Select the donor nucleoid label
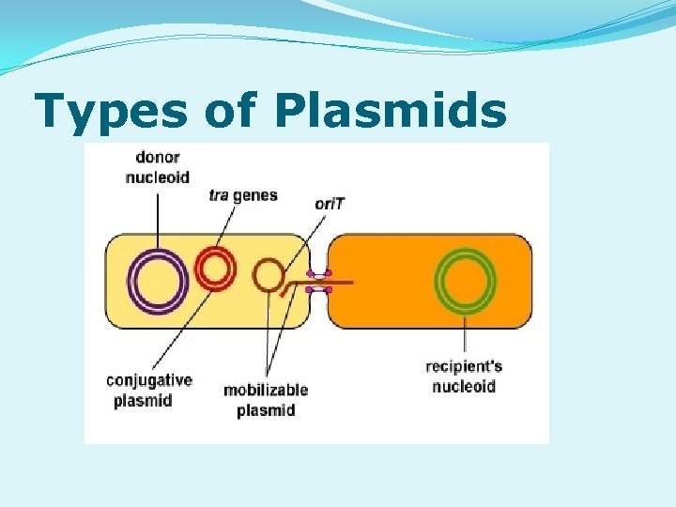157,168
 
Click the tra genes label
243,195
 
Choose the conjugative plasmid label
148,391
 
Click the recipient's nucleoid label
464,376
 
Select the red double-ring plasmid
215,269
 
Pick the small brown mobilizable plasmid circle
269,275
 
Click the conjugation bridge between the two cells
319,282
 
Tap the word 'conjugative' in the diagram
148,381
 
